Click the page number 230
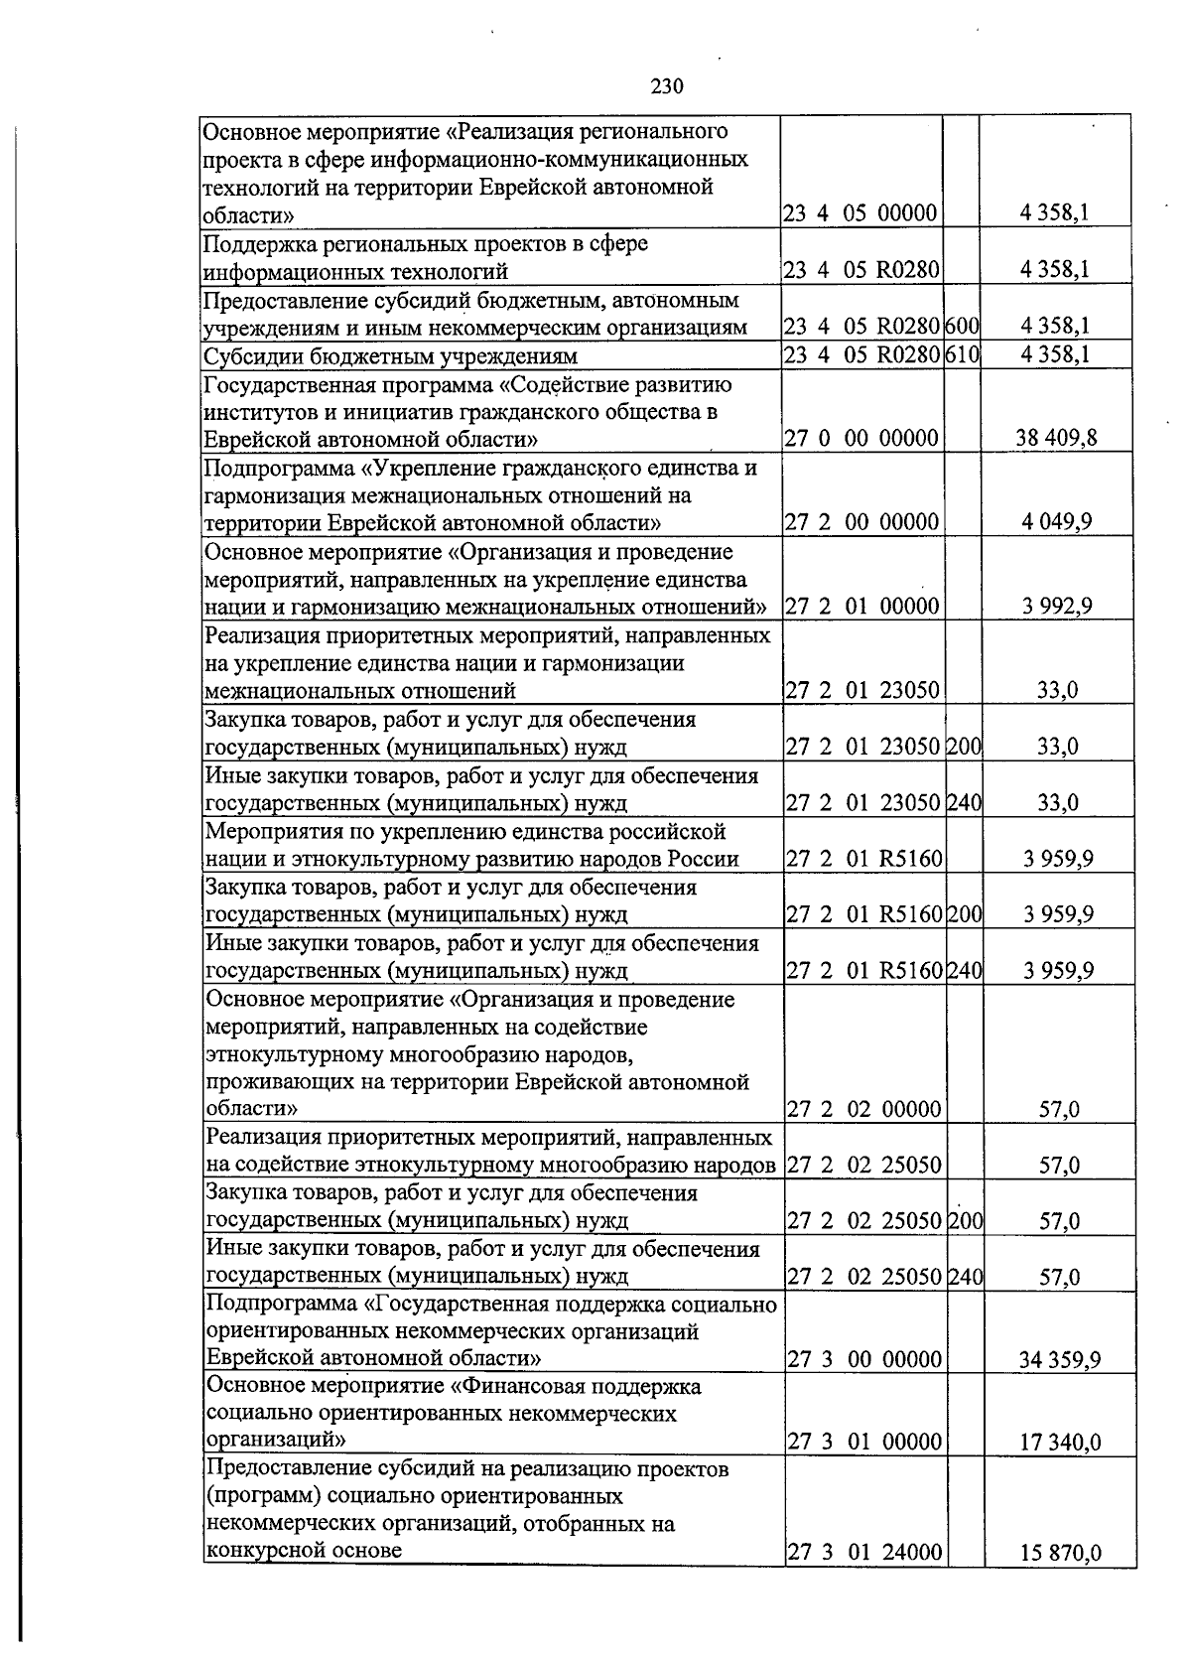(667, 86)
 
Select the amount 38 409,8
(1056, 438)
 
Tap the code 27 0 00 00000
(861, 438)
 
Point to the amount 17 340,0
(1059, 1443)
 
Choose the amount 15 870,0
(1059, 1553)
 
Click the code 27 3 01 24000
(863, 1553)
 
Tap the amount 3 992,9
(1057, 606)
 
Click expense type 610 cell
(962, 354)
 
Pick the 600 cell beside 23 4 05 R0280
(962, 327)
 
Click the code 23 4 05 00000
(860, 213)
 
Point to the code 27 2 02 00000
(863, 1109)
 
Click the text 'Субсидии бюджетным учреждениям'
(390, 355)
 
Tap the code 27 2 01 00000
(862, 606)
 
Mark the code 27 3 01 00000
(863, 1443)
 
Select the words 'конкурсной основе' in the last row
(303, 1551)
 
